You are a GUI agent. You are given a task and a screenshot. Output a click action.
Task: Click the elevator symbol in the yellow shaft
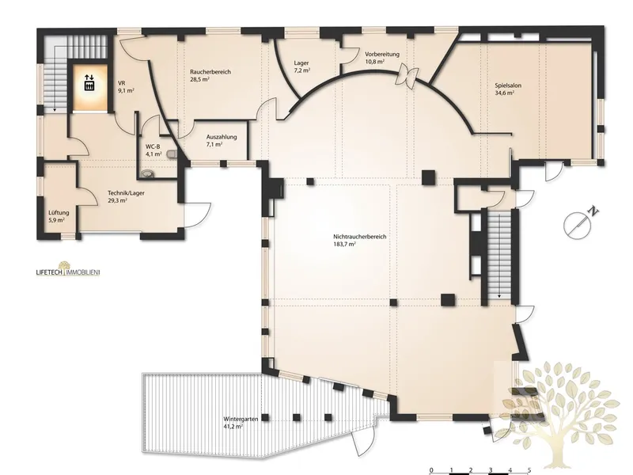[x=89, y=82]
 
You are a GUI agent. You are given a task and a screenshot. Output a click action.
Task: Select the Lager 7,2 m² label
[x=301, y=66]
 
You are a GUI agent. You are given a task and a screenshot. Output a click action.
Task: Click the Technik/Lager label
[x=126, y=193]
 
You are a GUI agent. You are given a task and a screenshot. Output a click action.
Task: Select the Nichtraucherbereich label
[x=360, y=237]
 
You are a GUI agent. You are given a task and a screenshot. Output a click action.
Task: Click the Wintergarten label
[x=241, y=420]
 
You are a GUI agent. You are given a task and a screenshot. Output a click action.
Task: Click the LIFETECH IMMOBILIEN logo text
[x=68, y=272]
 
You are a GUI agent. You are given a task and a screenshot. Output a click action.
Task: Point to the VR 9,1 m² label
[x=126, y=87]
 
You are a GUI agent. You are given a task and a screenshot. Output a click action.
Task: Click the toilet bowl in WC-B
[x=172, y=154]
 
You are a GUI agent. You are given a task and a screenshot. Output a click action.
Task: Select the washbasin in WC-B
[x=147, y=173]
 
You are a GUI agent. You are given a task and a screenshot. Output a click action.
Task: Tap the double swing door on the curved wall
[x=407, y=75]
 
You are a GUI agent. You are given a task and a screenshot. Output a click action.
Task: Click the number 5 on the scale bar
[x=529, y=469]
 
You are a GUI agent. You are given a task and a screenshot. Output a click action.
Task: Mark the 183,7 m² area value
[x=345, y=244]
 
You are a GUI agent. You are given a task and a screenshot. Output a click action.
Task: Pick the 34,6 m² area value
[x=504, y=93]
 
